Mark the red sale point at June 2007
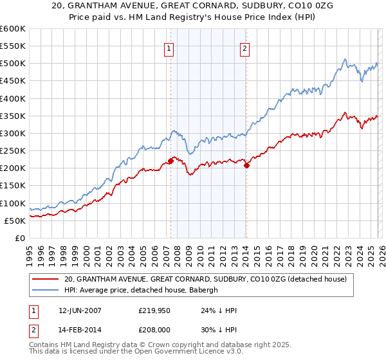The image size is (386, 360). (170, 161)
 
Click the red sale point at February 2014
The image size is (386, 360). (246, 165)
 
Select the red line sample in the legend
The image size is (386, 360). (45, 279)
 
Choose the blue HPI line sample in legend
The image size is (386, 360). (45, 290)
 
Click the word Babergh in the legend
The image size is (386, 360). (206, 290)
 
